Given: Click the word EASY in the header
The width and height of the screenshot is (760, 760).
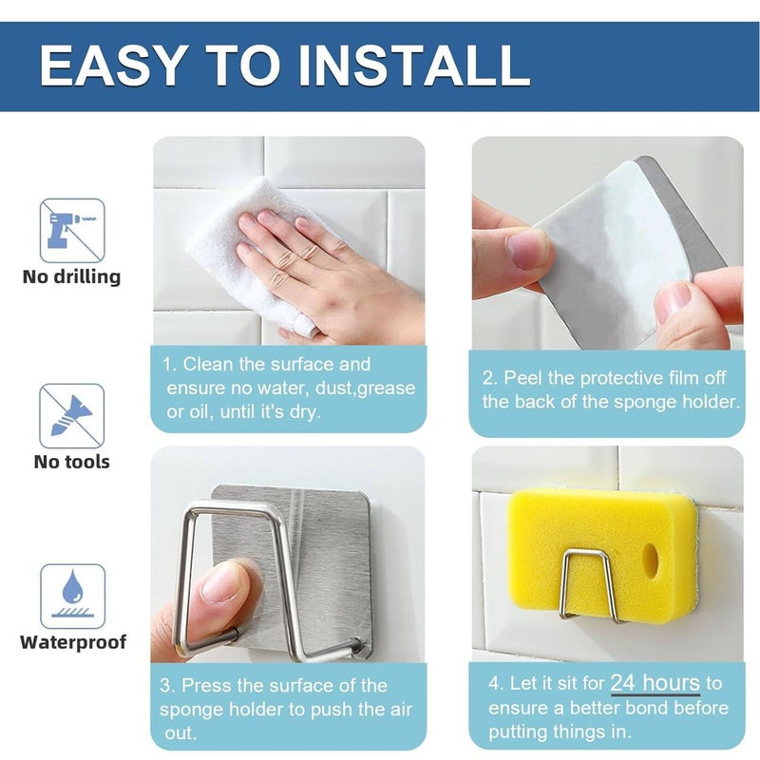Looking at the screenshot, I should [x=113, y=65].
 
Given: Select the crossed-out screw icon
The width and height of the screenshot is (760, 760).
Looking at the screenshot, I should [x=72, y=415].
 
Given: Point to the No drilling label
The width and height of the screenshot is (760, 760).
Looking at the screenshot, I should [x=72, y=277].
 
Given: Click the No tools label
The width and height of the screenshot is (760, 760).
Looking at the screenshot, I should [x=72, y=463].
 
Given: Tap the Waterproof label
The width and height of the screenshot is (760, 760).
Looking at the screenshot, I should [x=73, y=642].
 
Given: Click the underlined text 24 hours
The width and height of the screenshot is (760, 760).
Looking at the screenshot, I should [x=655, y=683].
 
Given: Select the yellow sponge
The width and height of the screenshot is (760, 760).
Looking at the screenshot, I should [x=570, y=532].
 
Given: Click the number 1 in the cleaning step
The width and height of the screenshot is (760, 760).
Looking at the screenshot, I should [x=168, y=365].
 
